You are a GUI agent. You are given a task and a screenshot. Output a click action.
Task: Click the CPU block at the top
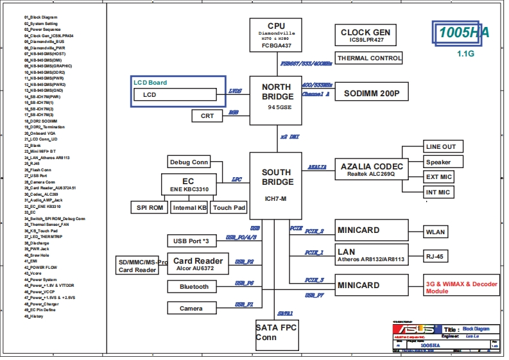point(276,35)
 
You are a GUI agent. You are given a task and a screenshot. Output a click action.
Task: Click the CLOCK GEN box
point(365,36)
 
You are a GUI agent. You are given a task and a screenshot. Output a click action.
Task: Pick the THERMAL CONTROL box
point(369,58)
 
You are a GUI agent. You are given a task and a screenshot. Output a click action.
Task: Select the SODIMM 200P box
point(372,94)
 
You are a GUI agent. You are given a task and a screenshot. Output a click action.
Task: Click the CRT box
point(207,116)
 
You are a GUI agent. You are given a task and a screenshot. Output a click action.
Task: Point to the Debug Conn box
point(189,162)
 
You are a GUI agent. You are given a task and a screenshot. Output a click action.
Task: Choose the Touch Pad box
point(229,207)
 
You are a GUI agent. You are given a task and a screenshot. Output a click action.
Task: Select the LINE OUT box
point(440,147)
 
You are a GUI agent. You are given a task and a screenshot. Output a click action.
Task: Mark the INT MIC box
point(438,192)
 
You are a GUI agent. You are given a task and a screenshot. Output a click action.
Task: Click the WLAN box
point(435,232)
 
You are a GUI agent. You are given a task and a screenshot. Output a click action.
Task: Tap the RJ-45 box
point(435,256)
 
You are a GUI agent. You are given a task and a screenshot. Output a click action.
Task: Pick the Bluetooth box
point(194,287)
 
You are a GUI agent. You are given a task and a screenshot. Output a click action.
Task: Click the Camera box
point(191,308)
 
